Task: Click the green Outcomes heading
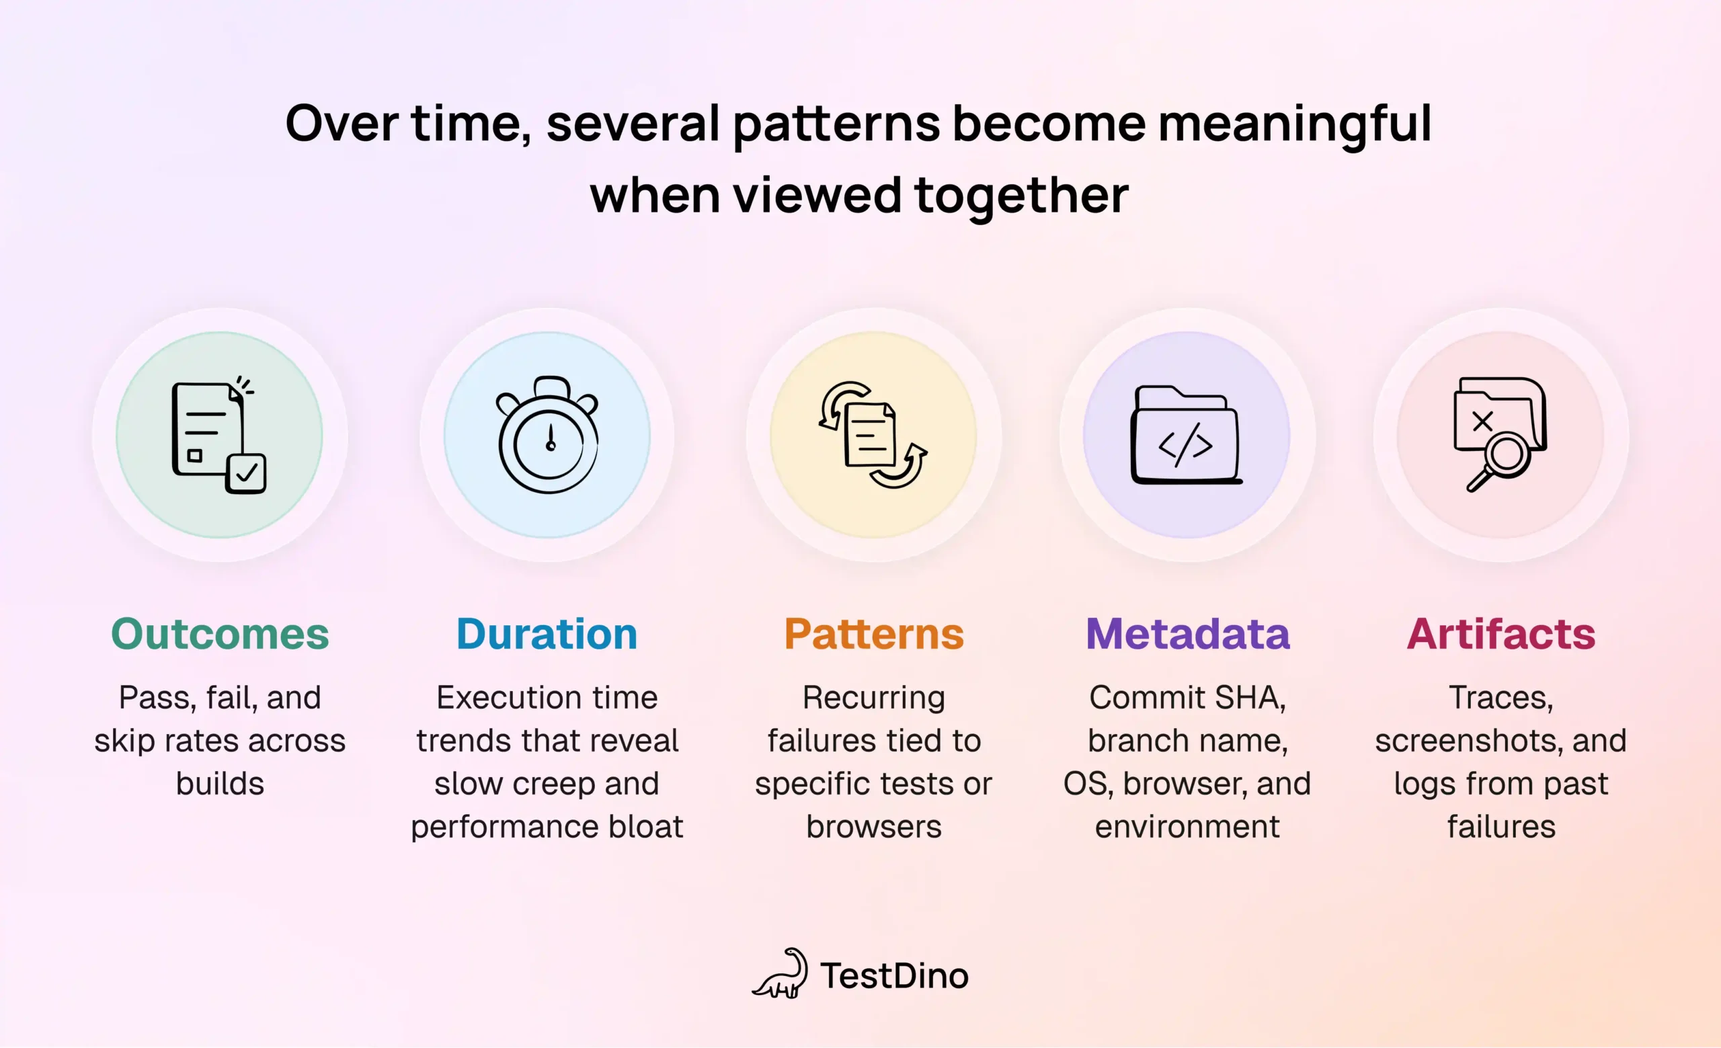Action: click(x=220, y=634)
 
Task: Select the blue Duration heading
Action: click(x=547, y=634)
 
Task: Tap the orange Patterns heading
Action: click(x=874, y=634)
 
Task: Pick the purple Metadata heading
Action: click(x=1187, y=634)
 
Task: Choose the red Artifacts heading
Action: click(x=1501, y=634)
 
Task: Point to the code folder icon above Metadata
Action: click(x=1186, y=436)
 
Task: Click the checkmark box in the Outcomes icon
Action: click(x=247, y=473)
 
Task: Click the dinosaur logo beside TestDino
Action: click(x=781, y=973)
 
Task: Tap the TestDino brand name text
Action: click(x=895, y=976)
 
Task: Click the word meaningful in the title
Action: click(x=1295, y=124)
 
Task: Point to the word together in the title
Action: click(x=1021, y=196)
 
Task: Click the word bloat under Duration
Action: click(x=645, y=827)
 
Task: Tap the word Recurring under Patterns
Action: click(x=874, y=698)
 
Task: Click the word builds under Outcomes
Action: click(x=220, y=784)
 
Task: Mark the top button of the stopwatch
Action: click(x=552, y=386)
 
